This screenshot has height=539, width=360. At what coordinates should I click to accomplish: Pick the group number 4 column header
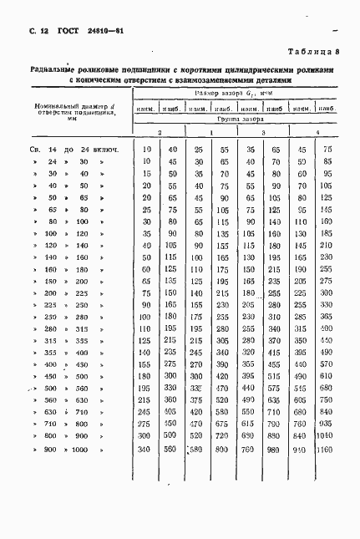tap(317, 134)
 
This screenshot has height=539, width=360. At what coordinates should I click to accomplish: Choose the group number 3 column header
tap(264, 134)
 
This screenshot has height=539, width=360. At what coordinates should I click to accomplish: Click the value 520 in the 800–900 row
tap(199, 436)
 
